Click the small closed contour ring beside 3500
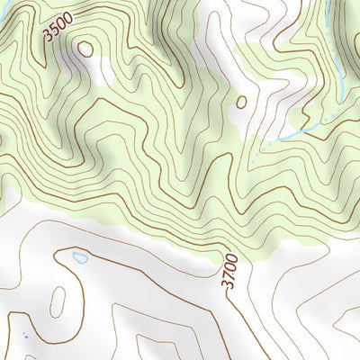[85, 49]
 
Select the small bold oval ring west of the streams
[241, 103]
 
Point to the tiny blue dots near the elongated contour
[25, 337]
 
